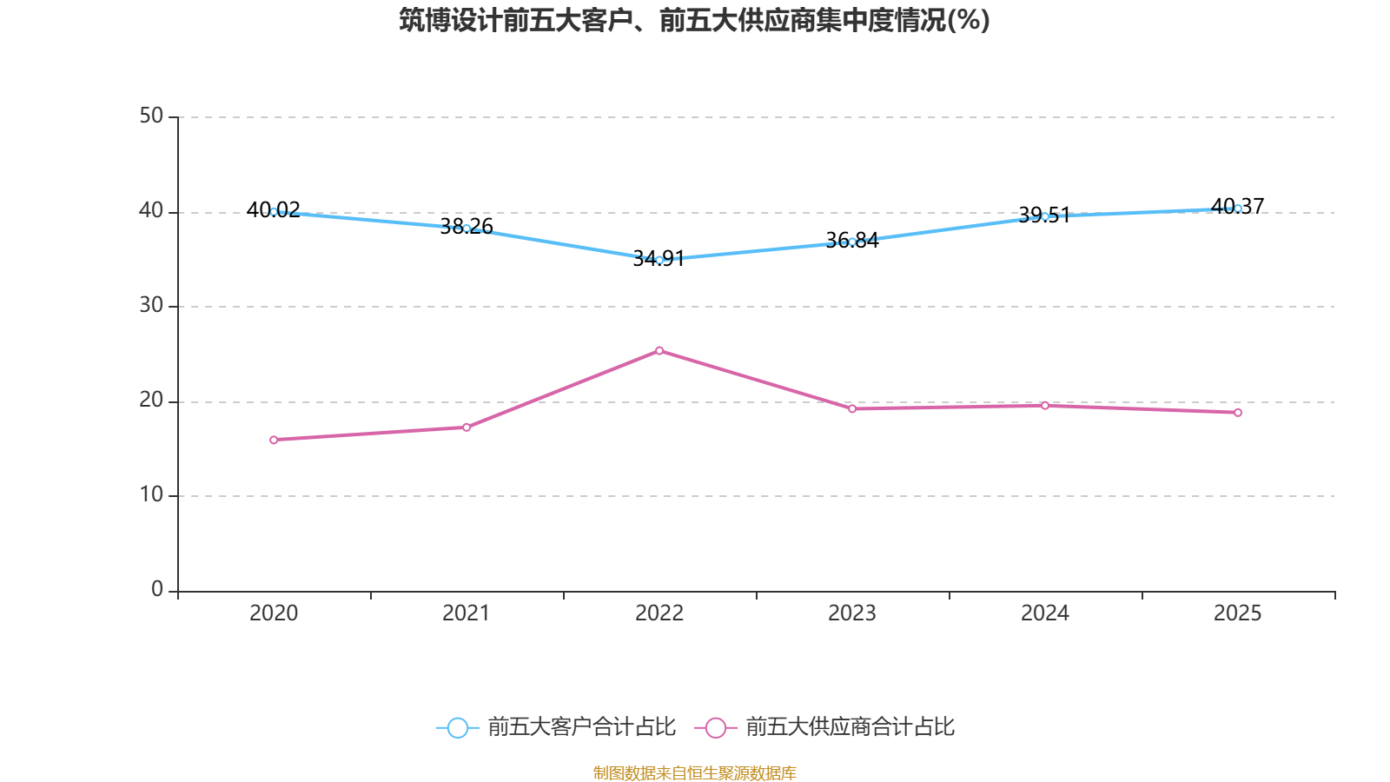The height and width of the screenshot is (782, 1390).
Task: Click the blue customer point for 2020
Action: tap(274, 211)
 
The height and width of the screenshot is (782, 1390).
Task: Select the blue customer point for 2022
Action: tap(659, 260)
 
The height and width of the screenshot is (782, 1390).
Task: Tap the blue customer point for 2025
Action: tap(1238, 209)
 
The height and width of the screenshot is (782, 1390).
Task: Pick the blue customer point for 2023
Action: tap(852, 242)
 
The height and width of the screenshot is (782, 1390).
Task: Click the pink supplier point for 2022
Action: tap(659, 351)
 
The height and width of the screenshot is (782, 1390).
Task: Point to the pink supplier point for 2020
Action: tap(274, 440)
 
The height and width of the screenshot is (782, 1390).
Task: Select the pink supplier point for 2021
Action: tap(467, 427)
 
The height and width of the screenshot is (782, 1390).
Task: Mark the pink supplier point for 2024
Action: tap(1045, 406)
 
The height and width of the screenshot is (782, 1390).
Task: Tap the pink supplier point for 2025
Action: tap(1238, 413)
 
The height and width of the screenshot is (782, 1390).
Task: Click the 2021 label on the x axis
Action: tap(467, 613)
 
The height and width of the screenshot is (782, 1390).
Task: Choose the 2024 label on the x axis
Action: tap(1045, 613)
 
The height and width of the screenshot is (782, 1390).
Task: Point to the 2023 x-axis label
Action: tap(852, 613)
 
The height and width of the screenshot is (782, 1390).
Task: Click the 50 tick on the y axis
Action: tap(151, 116)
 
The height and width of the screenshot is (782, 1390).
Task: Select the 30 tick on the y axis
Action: tap(151, 306)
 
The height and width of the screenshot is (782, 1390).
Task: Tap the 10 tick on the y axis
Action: tap(151, 495)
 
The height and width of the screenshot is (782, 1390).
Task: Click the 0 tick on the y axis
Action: tap(157, 590)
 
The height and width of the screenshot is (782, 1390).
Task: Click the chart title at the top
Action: tap(694, 20)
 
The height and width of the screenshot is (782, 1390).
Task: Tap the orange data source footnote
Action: tap(694, 772)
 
